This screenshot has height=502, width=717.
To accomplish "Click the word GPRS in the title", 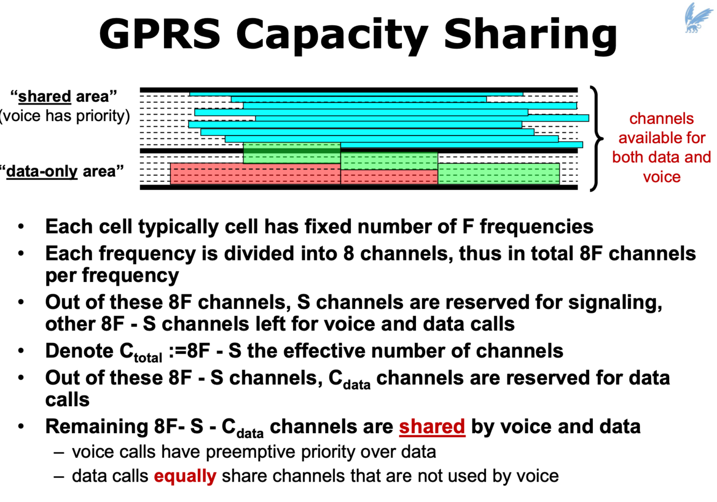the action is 160,33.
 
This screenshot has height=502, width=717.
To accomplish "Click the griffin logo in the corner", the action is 698,17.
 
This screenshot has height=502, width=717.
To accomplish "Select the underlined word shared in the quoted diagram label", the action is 45,97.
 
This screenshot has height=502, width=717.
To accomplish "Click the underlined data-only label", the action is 42,172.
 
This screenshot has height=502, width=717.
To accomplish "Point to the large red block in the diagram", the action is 255,174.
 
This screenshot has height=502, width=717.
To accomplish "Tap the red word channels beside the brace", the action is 661,119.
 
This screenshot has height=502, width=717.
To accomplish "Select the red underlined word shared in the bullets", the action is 432,427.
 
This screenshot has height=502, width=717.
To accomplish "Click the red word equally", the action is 185,476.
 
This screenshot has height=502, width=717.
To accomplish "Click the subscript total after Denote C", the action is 148,357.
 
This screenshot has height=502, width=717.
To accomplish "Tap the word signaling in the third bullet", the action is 615,302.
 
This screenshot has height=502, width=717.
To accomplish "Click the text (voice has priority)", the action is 64,116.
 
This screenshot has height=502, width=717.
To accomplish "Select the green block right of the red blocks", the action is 498,174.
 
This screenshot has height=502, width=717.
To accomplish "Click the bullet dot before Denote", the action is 21,351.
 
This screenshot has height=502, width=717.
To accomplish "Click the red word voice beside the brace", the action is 662,177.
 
